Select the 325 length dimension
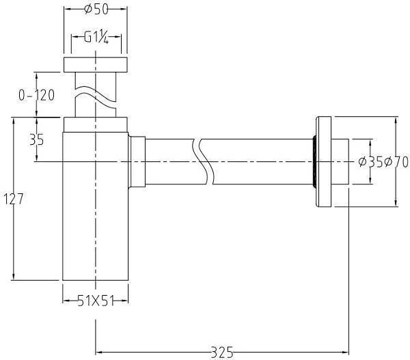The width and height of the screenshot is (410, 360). pyautogui.click(x=223, y=351)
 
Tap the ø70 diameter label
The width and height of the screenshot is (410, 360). pyautogui.click(x=396, y=162)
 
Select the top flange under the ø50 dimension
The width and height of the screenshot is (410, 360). pyautogui.click(x=96, y=65)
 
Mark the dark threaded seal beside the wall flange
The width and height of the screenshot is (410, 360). pyautogui.click(x=314, y=162)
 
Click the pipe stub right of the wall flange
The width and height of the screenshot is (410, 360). pyautogui.click(x=340, y=162)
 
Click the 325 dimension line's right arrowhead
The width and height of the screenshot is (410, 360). pyautogui.click(x=346, y=351)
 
